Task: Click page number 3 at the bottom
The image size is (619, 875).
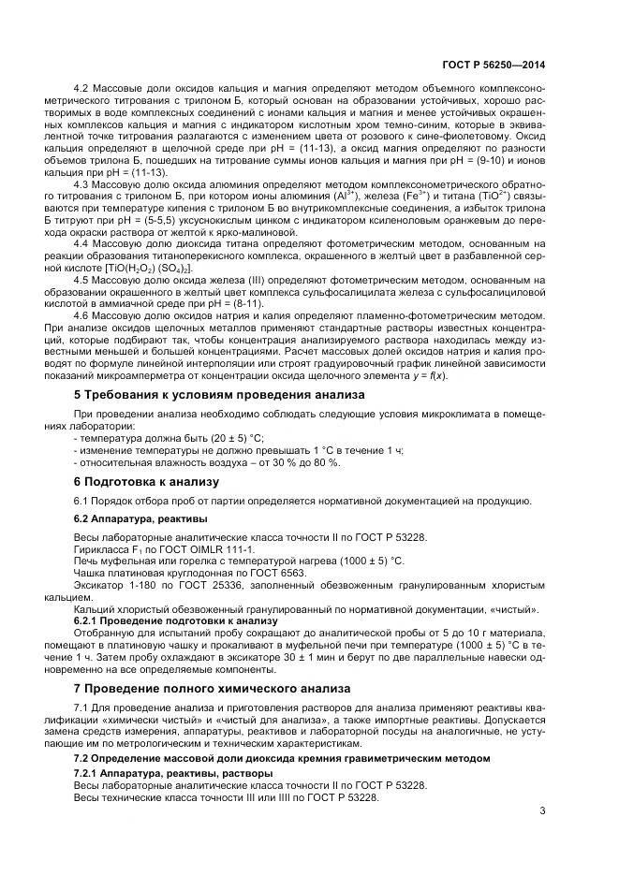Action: [x=542, y=810]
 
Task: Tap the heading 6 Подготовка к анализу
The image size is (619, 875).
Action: [x=145, y=481]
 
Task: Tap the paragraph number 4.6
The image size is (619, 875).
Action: [x=83, y=315]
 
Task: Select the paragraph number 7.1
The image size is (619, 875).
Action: [x=83, y=706]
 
